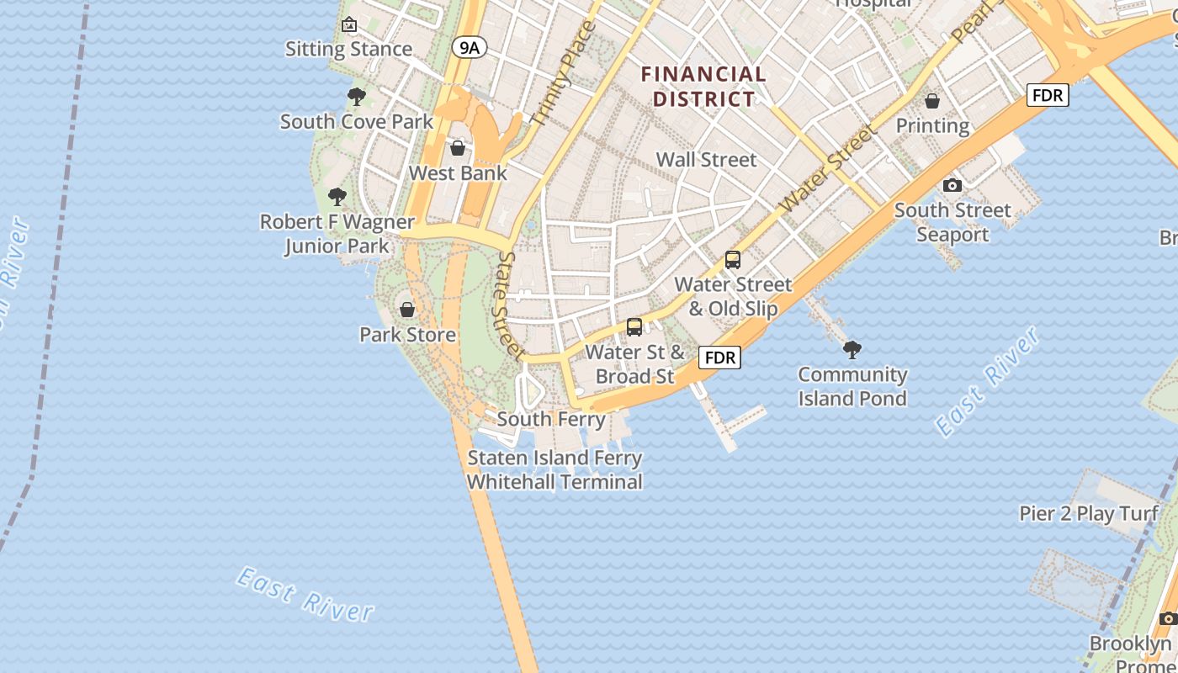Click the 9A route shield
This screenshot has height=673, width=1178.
pos(470,48)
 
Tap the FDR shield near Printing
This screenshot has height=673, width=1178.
pos(1048,95)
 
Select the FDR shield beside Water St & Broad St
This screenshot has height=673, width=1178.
pos(720,358)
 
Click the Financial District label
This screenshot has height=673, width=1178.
pos(704,87)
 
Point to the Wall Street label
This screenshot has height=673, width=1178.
pos(706,159)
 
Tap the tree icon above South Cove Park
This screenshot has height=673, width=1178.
pos(357,97)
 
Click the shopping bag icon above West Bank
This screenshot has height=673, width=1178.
pos(458,149)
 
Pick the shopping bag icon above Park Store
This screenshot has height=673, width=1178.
pos(407,310)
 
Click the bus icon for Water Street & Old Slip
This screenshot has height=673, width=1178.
pos(733,260)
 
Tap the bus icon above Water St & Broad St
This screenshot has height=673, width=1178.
pos(634,327)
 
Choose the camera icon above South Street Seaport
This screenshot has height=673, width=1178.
pos(952,185)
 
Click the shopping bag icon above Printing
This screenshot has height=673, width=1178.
pos(932,102)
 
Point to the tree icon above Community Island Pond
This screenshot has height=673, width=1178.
pos(852,349)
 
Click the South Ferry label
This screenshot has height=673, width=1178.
pos(551,418)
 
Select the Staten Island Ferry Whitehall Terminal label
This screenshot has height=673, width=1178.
pos(555,470)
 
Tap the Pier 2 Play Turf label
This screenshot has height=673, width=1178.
pos(1089,513)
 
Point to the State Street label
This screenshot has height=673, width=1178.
pos(511,305)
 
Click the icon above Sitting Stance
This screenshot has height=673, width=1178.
pos(349,25)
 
